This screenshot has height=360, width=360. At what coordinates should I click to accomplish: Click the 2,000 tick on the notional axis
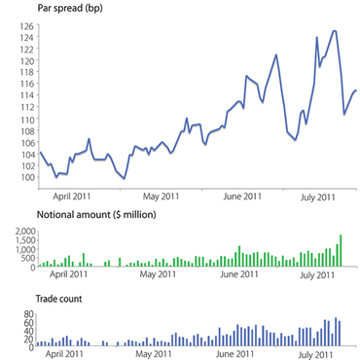click(x=20, y=232)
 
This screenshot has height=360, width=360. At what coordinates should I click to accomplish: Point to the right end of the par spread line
click(x=356, y=90)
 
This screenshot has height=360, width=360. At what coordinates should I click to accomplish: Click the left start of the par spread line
click(x=40, y=152)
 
